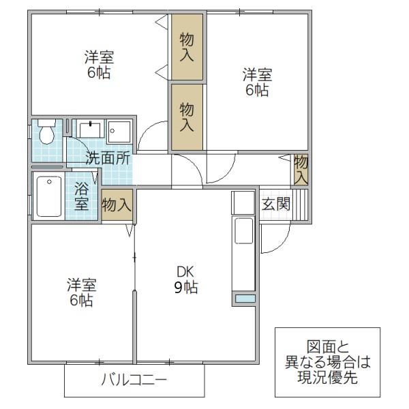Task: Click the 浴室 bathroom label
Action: point(82,196)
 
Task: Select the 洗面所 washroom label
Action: point(108,158)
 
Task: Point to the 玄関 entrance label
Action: point(277,203)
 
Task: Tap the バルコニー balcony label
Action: point(134,379)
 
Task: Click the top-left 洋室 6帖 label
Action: point(99,64)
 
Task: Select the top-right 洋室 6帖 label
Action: point(257,81)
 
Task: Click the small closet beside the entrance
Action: point(301,169)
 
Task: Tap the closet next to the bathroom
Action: point(117,204)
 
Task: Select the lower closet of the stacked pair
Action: point(187,117)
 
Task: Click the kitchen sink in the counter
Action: point(243,232)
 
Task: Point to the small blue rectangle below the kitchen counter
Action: point(244,299)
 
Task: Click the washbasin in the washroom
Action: point(89,130)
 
